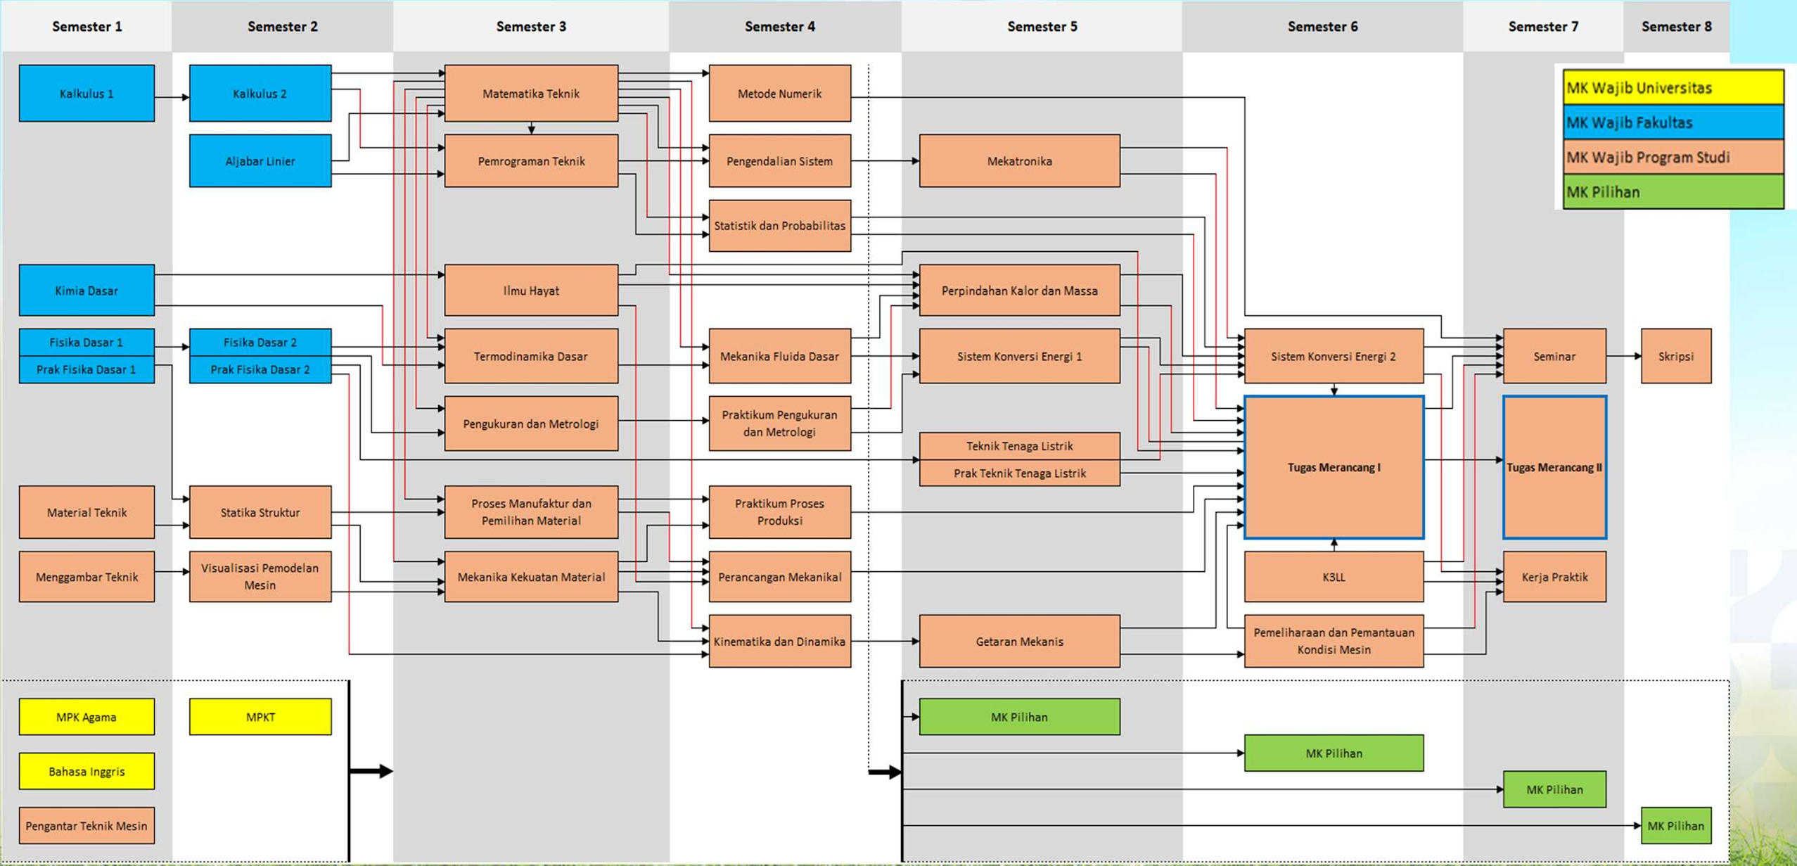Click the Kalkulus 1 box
(87, 94)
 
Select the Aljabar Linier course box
(260, 161)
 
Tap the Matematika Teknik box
(531, 94)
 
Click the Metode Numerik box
(779, 94)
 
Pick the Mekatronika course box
(1019, 161)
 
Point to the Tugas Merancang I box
(1334, 467)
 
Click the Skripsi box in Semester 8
(1675, 356)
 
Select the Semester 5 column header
(1042, 27)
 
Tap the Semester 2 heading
(282, 27)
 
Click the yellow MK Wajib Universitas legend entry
(1673, 88)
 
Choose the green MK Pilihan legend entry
(1673, 192)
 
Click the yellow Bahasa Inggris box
(87, 771)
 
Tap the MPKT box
(260, 717)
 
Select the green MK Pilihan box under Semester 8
(1675, 825)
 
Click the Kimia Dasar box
(87, 291)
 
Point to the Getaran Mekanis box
(1019, 641)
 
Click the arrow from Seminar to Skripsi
(1623, 356)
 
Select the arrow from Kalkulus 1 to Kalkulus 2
(172, 97)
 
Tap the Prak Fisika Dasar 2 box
(260, 370)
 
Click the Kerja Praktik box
(1554, 577)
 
